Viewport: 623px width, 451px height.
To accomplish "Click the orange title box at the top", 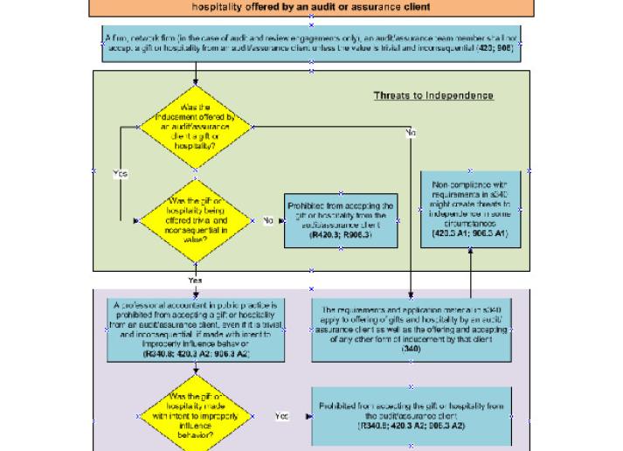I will (311, 9).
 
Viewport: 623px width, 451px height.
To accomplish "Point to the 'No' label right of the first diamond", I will (410, 134).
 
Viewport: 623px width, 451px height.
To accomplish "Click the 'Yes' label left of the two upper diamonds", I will (121, 174).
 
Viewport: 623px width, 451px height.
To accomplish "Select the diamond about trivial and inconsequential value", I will (196, 222).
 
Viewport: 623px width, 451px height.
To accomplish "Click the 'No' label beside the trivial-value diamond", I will (267, 221).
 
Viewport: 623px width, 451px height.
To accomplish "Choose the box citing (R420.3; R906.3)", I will (341, 221).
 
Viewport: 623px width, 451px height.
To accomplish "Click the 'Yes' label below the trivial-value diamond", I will (196, 280).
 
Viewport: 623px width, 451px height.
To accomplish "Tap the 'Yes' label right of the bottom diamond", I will (281, 417).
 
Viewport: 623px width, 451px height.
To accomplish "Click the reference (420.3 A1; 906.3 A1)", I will (471, 235).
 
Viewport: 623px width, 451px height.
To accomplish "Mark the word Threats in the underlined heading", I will (391, 96).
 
